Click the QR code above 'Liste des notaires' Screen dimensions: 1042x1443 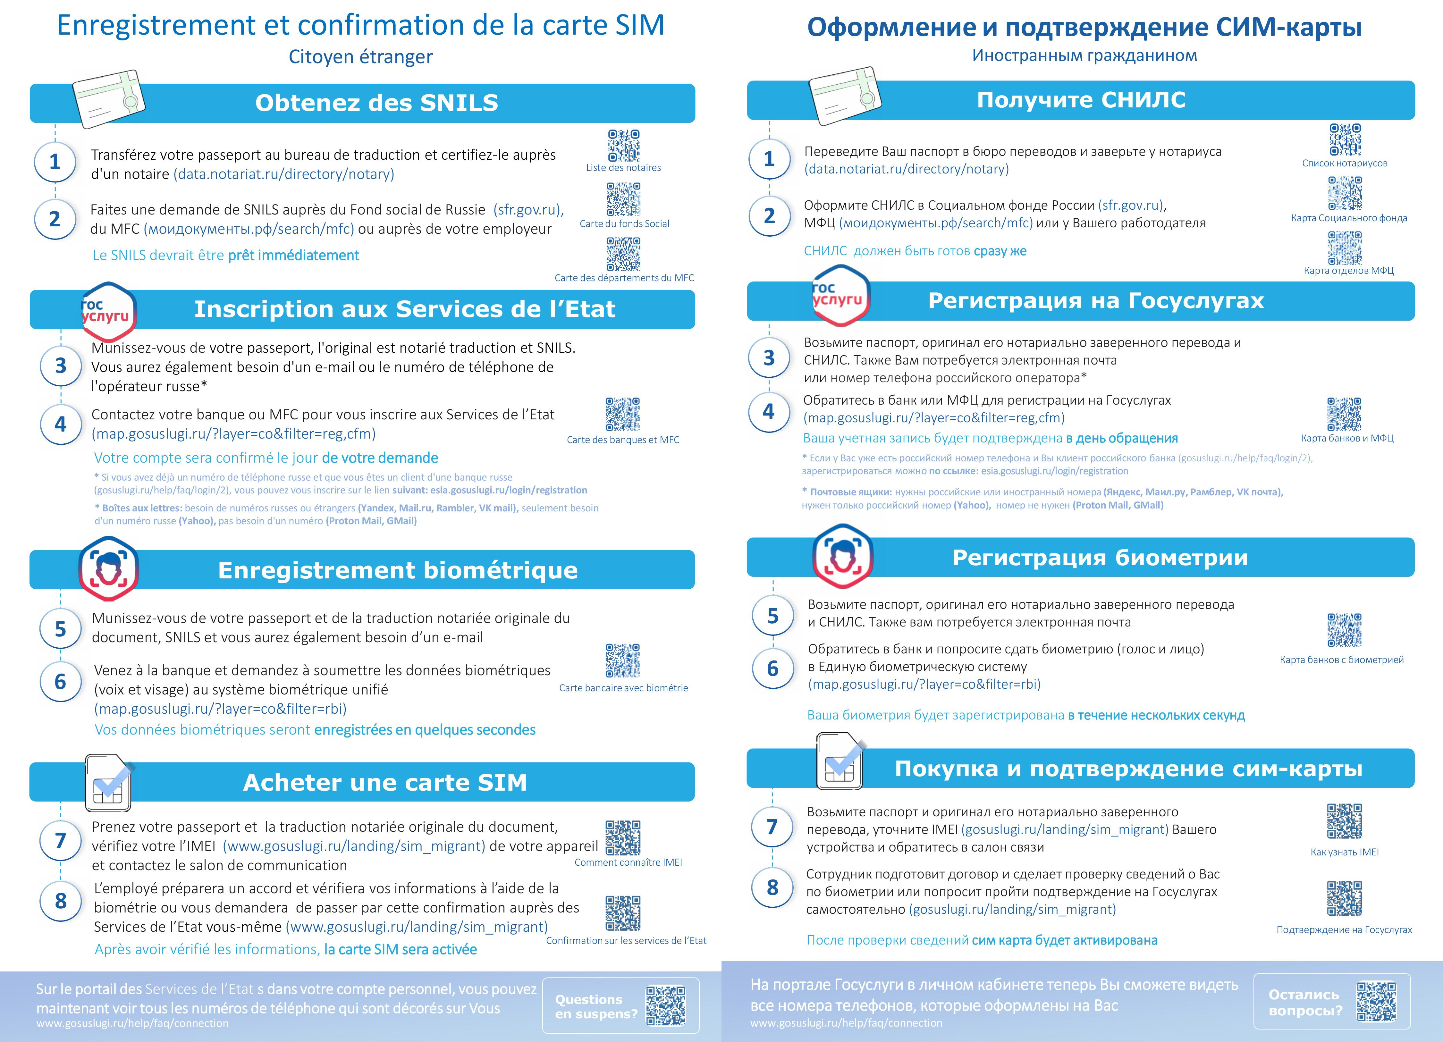(623, 146)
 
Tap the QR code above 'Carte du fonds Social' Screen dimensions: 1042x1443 (623, 199)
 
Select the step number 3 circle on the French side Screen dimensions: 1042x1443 (60, 366)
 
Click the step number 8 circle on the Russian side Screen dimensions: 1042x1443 (772, 887)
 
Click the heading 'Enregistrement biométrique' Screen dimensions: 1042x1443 (398, 570)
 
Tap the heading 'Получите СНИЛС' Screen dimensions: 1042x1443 (1081, 100)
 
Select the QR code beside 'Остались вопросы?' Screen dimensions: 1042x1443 (1376, 1002)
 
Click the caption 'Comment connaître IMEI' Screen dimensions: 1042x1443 (628, 862)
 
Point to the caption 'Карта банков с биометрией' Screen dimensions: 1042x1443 (1341, 660)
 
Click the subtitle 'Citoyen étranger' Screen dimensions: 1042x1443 (361, 57)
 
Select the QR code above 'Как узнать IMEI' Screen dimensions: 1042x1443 (1344, 821)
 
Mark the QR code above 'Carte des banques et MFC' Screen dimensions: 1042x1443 (623, 414)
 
